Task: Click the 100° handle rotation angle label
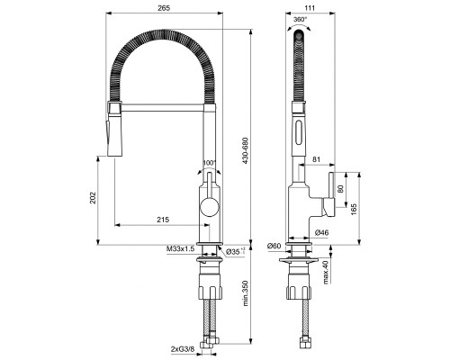point(211,163)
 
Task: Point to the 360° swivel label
point(300,19)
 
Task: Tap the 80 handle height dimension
point(340,190)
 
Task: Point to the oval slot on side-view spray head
point(300,137)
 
